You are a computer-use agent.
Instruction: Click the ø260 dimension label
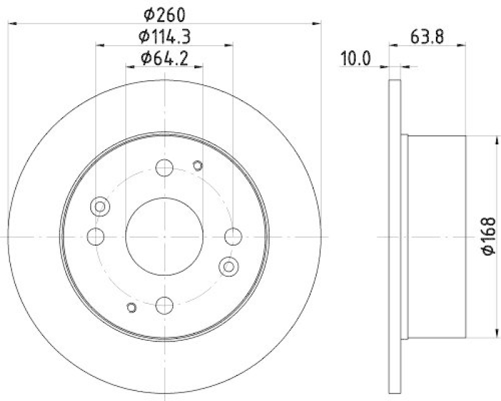[163, 14]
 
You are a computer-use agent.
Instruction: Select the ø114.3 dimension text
[164, 36]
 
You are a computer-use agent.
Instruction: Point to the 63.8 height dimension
[428, 36]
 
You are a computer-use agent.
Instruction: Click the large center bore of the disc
[164, 236]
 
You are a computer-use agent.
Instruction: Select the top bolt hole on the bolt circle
[164, 168]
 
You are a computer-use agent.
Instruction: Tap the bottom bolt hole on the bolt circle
[164, 305]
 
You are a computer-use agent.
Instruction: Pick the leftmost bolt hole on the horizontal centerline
[96, 236]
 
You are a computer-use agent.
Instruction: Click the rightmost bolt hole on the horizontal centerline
[232, 236]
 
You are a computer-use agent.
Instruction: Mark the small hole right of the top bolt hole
[198, 165]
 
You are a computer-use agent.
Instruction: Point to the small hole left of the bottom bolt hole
[131, 307]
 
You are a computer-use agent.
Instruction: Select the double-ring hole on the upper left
[100, 206]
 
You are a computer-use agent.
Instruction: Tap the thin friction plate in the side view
[395, 236]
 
